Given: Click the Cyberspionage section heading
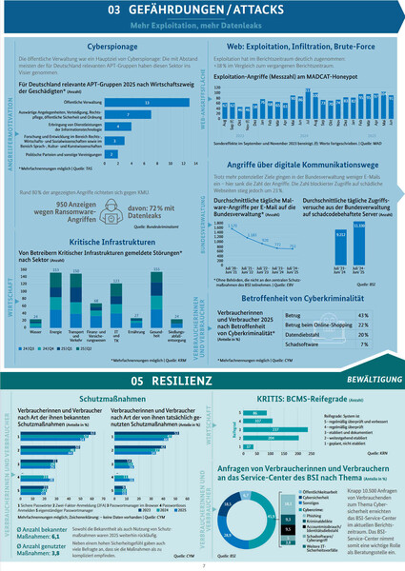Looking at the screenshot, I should click(108, 45).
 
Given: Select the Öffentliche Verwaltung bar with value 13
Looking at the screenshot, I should click(145, 102).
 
